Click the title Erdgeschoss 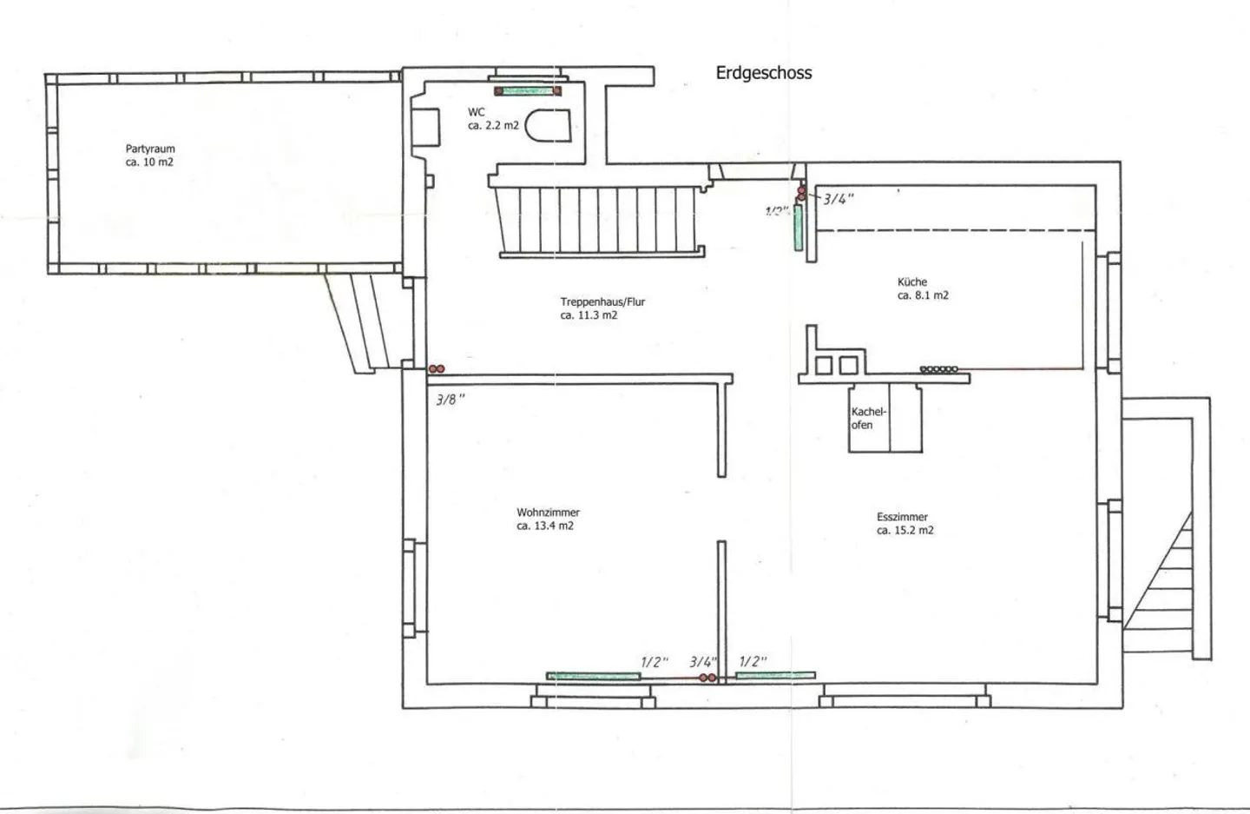pos(763,73)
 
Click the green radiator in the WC pos(528,90)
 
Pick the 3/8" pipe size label pos(451,400)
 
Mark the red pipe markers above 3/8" pos(437,369)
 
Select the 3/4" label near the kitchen pos(838,199)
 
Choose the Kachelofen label pos(867,418)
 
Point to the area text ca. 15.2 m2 pos(905,530)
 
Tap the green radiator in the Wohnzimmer pos(593,676)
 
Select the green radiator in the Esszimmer pos(775,675)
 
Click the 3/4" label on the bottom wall pos(702,662)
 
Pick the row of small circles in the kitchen pos(938,369)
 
